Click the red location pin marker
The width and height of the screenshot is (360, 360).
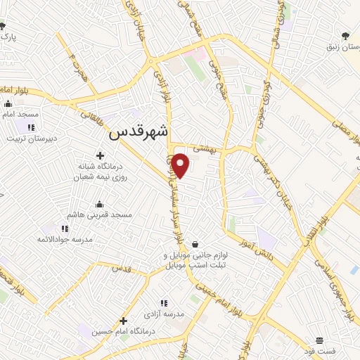181,165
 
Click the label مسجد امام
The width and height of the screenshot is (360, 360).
24,113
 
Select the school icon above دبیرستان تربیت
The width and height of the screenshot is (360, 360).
30,127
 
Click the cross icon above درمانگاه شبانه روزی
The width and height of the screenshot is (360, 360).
101,155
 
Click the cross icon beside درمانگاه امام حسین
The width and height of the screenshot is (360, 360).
124,321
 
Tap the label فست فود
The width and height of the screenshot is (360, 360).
321,350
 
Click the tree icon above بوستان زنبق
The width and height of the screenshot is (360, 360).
345,36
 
